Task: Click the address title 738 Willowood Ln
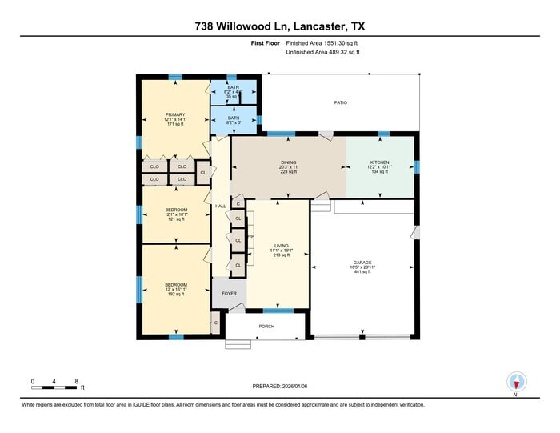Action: pyautogui.click(x=279, y=26)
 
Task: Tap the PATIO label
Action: pyautogui.click(x=341, y=103)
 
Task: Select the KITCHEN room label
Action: pyautogui.click(x=380, y=162)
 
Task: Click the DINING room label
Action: pyautogui.click(x=288, y=162)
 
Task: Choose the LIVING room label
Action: pyautogui.click(x=281, y=247)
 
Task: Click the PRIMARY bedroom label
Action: pyautogui.click(x=174, y=114)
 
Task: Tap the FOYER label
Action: pyautogui.click(x=230, y=294)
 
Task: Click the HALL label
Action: pyautogui.click(x=221, y=206)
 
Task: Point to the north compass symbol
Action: pyautogui.click(x=514, y=382)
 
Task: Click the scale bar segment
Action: pyautogui.click(x=54, y=388)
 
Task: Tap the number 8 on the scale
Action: pyautogui.click(x=76, y=380)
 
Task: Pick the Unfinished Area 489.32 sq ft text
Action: pyautogui.click(x=322, y=52)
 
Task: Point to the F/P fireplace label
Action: pyautogui.click(x=250, y=237)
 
